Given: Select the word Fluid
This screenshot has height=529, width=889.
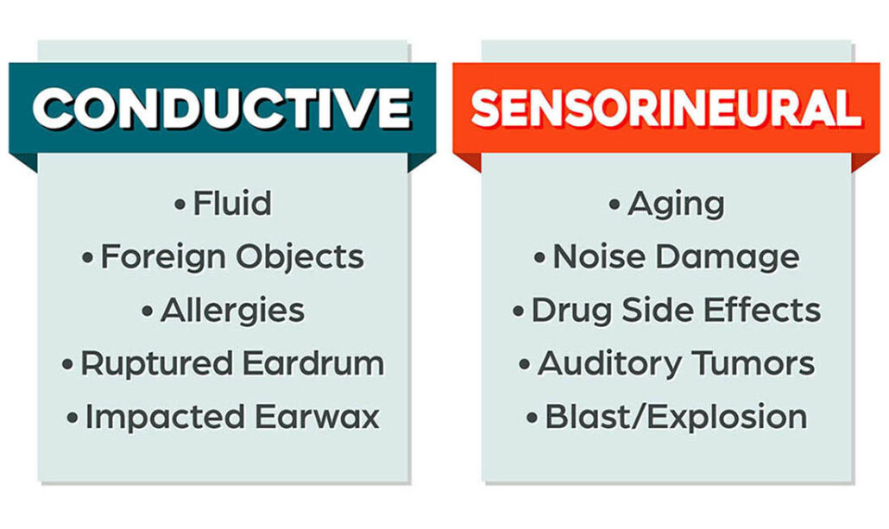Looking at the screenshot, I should (x=232, y=205).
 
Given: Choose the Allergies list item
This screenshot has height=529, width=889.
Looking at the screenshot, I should (x=232, y=311).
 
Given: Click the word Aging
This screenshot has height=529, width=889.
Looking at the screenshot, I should (x=676, y=205).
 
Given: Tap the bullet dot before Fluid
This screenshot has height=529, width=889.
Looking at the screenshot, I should (x=180, y=205).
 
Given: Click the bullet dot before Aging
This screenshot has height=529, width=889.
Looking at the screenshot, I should (x=615, y=205).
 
